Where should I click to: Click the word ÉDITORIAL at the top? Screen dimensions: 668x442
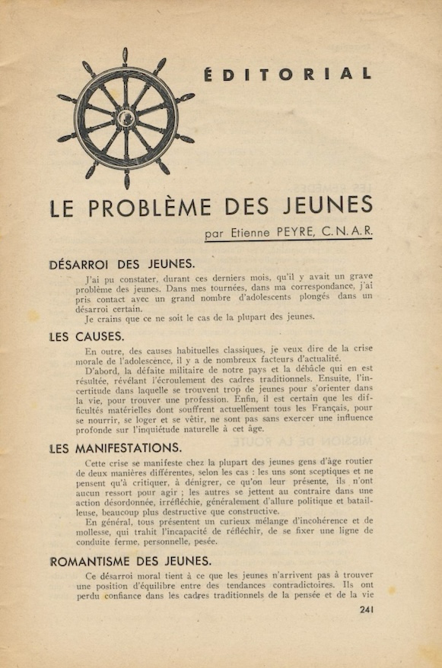(288, 75)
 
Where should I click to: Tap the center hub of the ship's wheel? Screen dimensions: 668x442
(126, 119)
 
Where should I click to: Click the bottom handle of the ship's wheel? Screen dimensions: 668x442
(127, 180)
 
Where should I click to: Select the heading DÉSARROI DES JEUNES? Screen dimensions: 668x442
(122, 265)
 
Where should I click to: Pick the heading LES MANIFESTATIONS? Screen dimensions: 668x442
(116, 448)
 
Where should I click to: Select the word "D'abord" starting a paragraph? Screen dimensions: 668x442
(103, 371)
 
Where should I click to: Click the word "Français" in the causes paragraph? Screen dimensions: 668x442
(318, 408)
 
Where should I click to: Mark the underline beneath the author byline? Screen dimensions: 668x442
(288, 243)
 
